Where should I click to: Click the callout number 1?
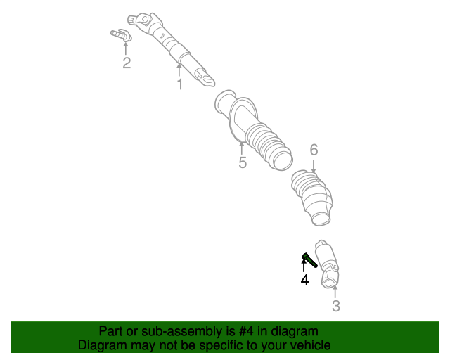click(x=179, y=84)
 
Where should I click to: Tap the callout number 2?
click(x=127, y=63)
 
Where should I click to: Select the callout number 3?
click(x=335, y=306)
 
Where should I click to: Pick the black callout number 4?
click(x=304, y=280)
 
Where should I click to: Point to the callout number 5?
click(x=243, y=163)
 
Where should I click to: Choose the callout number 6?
click(x=314, y=149)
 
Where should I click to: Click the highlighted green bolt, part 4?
click(x=308, y=259)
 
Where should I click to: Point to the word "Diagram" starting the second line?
click(x=102, y=345)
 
